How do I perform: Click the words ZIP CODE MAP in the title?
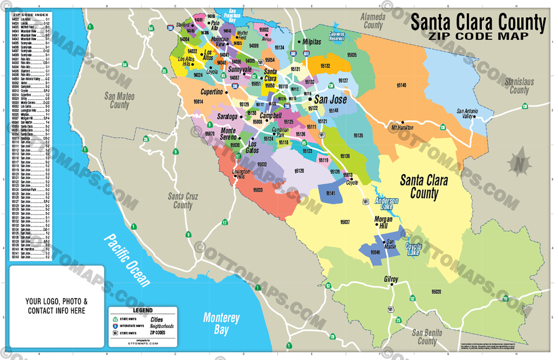[477, 36]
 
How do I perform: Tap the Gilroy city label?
[391, 279]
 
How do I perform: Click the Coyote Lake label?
[414, 249]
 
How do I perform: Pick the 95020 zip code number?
[436, 292]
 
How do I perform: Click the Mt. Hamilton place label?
[403, 127]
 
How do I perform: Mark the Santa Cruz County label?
[183, 201]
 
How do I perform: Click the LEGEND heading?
[143, 310]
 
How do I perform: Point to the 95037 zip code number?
[344, 222]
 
